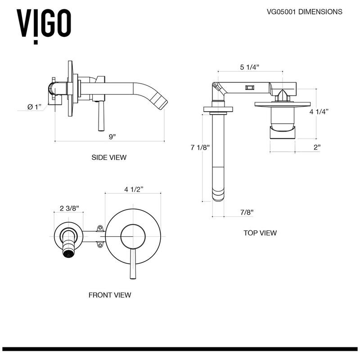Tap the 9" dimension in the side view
(111, 136)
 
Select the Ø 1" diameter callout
(34, 107)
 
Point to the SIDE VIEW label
(109, 157)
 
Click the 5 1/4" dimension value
(249, 67)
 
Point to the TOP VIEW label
(260, 233)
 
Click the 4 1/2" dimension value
(134, 189)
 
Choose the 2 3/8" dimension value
(69, 208)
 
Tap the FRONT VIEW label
(109, 295)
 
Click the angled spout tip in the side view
(160, 99)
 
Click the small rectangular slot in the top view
(249, 87)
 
